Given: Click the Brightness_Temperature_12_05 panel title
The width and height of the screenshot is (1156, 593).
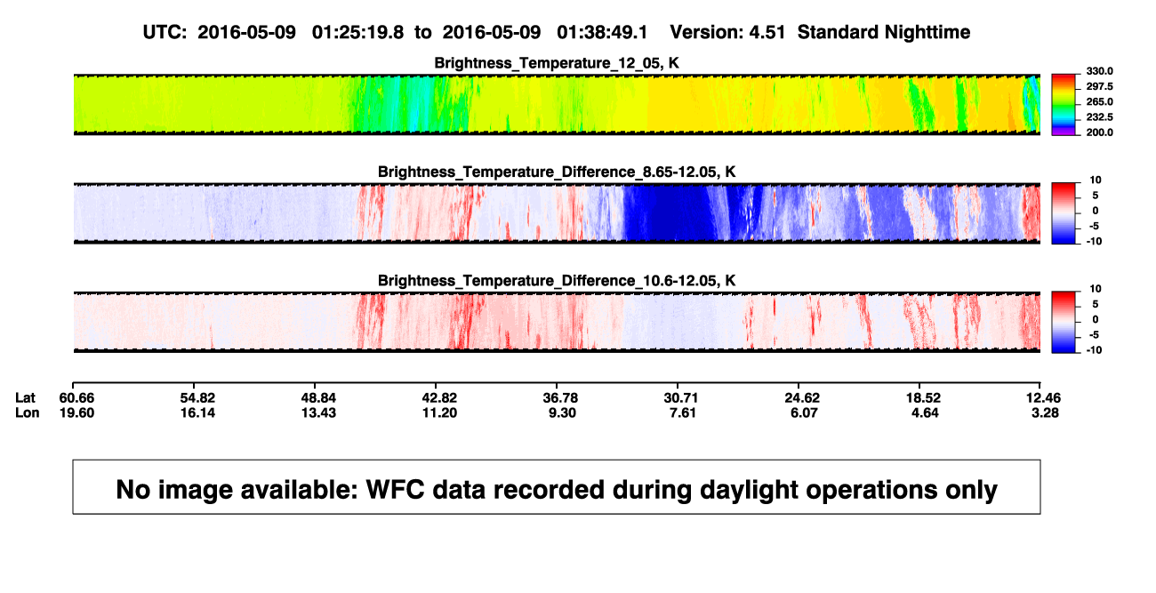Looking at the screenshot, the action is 557,63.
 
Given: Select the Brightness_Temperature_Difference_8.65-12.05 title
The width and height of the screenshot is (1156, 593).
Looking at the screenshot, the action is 557,172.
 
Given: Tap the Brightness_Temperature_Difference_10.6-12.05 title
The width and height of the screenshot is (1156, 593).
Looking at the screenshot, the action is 557,281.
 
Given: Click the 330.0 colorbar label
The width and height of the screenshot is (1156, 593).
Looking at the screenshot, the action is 1099,71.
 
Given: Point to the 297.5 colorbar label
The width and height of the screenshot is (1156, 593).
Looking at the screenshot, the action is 1099,86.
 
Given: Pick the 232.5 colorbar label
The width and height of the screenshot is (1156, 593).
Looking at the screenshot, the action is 1099,117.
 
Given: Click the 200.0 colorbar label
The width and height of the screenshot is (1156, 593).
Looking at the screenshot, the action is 1099,132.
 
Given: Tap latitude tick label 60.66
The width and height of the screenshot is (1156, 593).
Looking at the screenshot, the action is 76,398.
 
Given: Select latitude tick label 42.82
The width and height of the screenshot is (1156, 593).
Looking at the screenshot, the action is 439,398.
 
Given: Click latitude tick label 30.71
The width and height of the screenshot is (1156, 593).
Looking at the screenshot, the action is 680,398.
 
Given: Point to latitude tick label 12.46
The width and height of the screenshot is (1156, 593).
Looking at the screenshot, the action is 1043,398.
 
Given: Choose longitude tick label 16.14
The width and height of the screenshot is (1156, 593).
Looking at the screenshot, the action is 197,413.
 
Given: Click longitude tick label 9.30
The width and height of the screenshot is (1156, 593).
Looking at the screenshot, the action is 562,413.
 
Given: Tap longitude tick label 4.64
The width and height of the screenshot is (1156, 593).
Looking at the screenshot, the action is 925,413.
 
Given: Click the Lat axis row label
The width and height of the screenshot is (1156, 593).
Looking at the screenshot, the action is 25,398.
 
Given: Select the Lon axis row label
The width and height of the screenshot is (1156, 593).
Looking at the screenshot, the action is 27,413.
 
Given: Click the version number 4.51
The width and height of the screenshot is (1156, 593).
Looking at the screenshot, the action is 767,33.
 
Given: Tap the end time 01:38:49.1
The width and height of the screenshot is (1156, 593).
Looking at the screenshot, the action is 602,33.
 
